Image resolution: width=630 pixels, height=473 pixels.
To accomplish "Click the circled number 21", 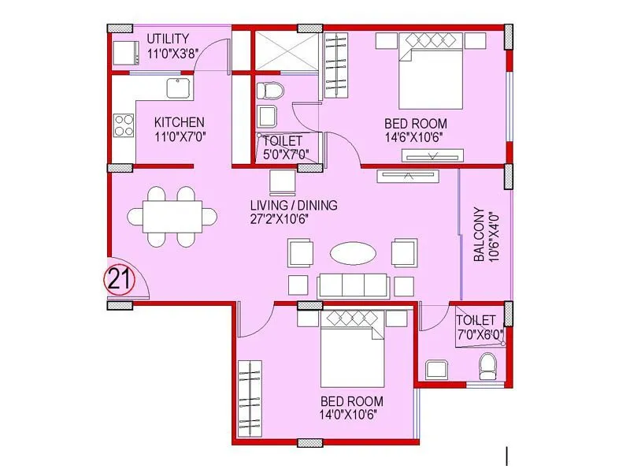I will (120, 279).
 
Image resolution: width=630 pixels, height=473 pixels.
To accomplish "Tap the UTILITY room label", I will (167, 38).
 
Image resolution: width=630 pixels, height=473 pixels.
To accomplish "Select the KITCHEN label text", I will (179, 122).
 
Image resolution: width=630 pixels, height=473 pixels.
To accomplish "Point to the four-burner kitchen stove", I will (124, 125).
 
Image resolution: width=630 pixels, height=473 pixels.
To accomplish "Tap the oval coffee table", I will (351, 253).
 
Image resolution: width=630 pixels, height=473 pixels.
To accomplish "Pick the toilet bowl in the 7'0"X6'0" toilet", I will (488, 365).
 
